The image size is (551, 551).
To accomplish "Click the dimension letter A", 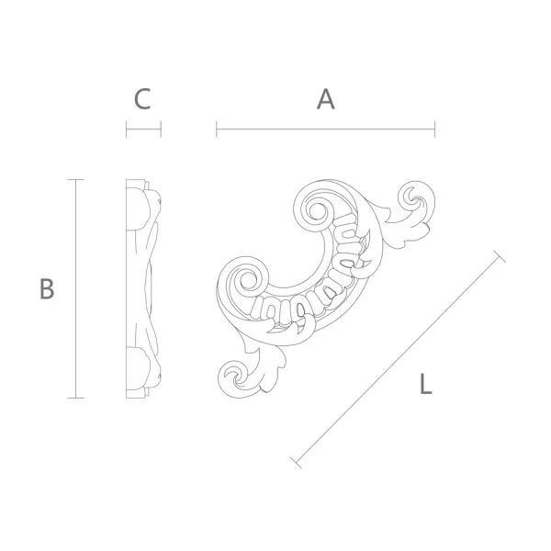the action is pyautogui.click(x=326, y=99).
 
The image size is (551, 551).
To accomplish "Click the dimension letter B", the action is pyautogui.click(x=47, y=288).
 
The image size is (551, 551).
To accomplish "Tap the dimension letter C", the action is pyautogui.click(x=142, y=99).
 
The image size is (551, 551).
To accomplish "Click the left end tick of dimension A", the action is pyautogui.click(x=217, y=129).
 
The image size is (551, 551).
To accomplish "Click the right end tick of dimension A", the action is pyautogui.click(x=434, y=129).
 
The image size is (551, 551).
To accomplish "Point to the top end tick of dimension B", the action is pyautogui.click(x=75, y=180).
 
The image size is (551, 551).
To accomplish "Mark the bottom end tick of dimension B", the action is pyautogui.click(x=75, y=398).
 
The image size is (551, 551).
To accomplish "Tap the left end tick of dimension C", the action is pyautogui.click(x=127, y=129).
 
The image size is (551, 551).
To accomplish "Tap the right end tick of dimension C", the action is pyautogui.click(x=161, y=129).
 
